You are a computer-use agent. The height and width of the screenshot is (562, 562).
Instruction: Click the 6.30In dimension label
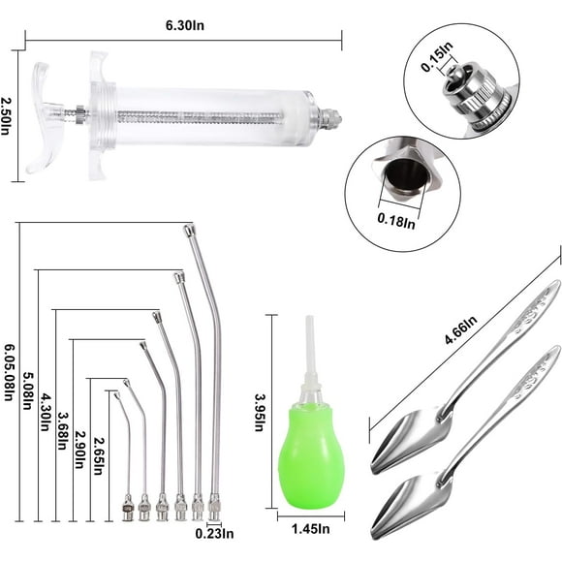pyautogui.click(x=183, y=27)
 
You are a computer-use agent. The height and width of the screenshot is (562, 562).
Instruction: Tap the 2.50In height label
pyautogui.click(x=8, y=117)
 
